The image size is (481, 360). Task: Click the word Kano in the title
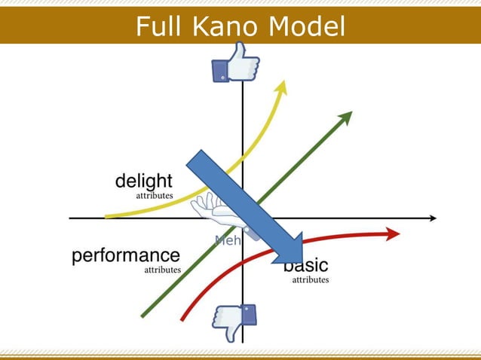point(219,27)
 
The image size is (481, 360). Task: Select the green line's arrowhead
point(346,117)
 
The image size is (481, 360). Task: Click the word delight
point(143,182)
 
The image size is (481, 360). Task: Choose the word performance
point(126,256)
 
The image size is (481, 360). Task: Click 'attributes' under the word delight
point(154,195)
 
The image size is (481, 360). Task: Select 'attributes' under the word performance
point(162,269)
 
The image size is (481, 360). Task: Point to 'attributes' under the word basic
point(310,279)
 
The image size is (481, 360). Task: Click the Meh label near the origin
point(226,241)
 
